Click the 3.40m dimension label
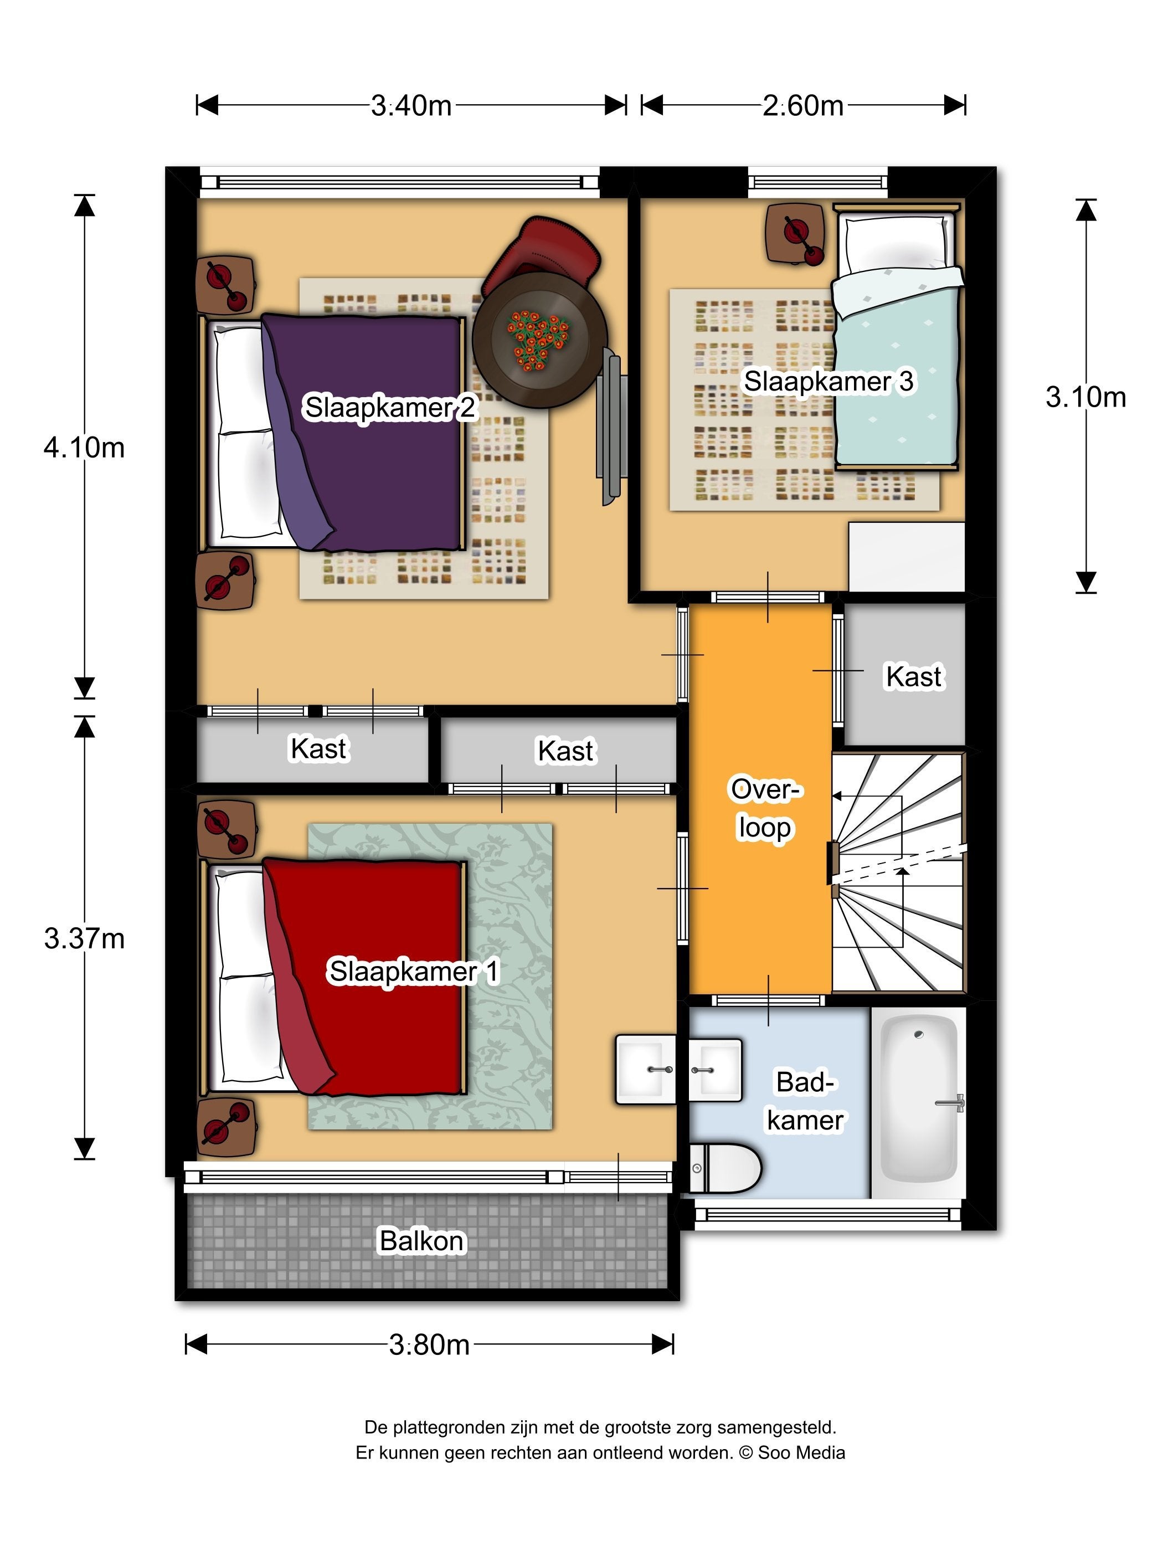(x=411, y=105)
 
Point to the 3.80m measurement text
(x=429, y=1344)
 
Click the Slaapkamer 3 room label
(x=828, y=382)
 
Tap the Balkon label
(x=421, y=1241)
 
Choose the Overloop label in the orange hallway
(x=765, y=808)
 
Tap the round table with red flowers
(x=539, y=340)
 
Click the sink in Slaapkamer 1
(x=646, y=1069)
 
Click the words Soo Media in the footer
(x=801, y=1452)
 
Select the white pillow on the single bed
(x=896, y=244)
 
